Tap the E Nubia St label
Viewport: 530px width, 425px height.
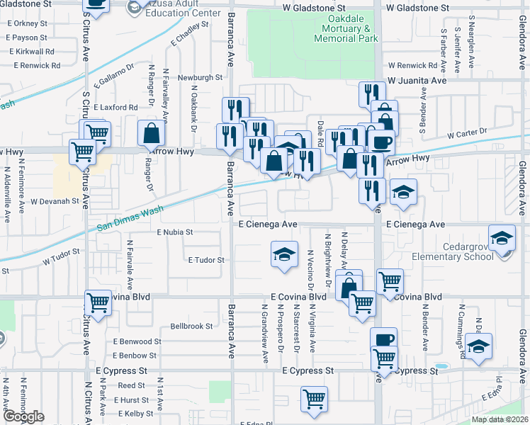coord(174,232)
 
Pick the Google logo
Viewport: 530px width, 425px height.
coord(23,416)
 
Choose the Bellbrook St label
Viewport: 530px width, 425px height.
coord(191,327)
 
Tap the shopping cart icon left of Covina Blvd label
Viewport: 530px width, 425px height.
coord(98,302)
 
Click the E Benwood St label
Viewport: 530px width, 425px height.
coord(137,341)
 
